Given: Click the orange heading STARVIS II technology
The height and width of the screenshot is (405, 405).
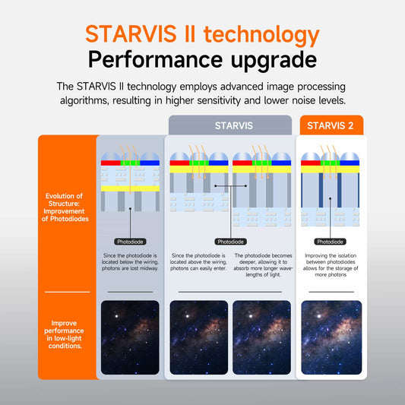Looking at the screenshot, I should point(202,34).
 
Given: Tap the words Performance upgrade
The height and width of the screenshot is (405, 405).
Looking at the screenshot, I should point(202,59).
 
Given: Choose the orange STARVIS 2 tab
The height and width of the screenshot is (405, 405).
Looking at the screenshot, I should point(331,125).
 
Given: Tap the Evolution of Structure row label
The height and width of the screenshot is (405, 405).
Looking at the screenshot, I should point(65,207).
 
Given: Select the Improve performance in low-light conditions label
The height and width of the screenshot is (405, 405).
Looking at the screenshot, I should point(65,334).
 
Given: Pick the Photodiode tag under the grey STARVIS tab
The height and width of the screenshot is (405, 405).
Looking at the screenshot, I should point(230,242).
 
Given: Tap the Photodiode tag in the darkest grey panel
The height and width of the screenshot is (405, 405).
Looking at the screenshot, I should point(130,242).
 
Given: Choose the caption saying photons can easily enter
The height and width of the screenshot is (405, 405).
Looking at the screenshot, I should point(198,262).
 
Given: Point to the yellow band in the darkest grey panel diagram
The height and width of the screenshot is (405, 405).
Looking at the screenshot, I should point(130,188).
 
